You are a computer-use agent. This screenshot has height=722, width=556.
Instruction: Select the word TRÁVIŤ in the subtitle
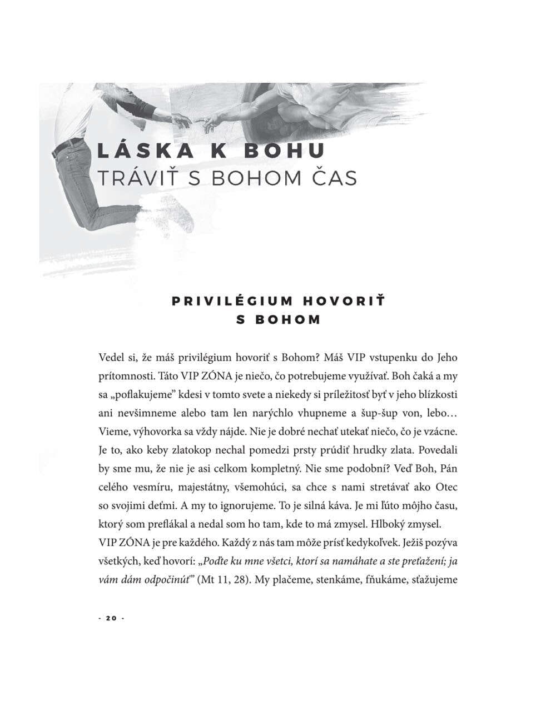click(x=131, y=178)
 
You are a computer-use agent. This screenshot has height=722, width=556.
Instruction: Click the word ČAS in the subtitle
click(x=332, y=178)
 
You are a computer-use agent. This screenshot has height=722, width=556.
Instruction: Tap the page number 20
click(x=111, y=618)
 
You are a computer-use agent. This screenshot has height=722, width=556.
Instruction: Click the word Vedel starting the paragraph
click(x=111, y=358)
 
